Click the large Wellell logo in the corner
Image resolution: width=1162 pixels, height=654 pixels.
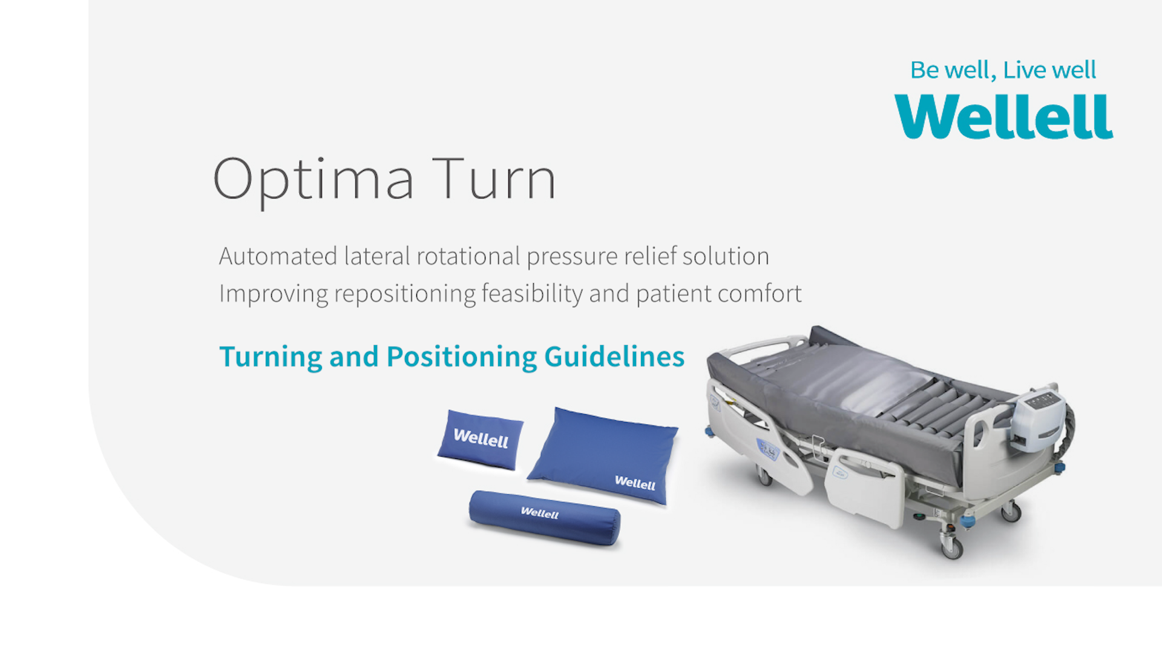coord(1003,116)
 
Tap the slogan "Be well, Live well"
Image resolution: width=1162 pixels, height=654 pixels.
coord(1003,70)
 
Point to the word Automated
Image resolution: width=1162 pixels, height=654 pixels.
coord(278,256)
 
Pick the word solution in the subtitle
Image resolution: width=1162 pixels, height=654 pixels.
coord(726,256)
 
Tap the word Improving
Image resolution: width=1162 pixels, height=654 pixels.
coord(274,294)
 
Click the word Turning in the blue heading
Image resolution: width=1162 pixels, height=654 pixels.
coord(271,357)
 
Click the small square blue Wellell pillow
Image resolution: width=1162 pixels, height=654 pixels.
coord(481,440)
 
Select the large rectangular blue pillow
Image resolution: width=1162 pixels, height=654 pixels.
coord(603,456)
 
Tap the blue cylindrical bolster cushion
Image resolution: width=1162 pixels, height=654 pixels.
coord(545,518)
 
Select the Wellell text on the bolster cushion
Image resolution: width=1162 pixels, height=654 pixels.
coord(539,513)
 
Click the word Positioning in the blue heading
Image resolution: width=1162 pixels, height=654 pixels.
coord(462,357)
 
